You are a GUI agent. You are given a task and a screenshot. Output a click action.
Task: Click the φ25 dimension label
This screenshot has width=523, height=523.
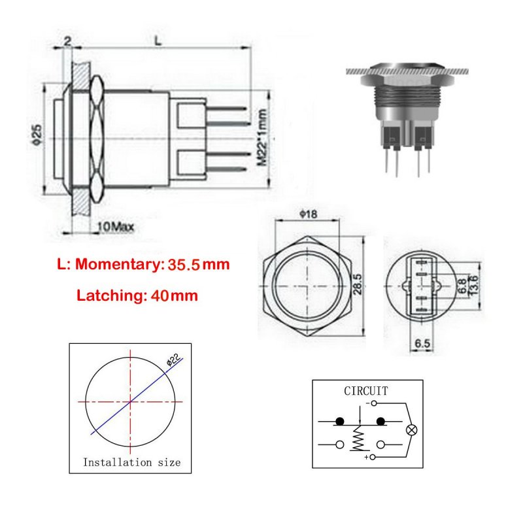tap(37, 135)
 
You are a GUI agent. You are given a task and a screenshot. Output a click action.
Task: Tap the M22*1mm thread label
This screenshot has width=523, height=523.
tap(262, 137)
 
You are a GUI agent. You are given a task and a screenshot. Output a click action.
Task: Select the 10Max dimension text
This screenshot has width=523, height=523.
tap(116, 227)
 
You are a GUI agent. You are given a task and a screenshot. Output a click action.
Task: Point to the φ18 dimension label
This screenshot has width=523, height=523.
tap(308, 214)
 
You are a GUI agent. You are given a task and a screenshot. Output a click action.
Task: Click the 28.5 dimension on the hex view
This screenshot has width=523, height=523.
tap(357, 284)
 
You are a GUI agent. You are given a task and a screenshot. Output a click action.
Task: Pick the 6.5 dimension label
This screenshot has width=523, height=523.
tap(422, 343)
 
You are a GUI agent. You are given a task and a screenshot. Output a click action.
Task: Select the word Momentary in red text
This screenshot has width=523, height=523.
tap(118, 265)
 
